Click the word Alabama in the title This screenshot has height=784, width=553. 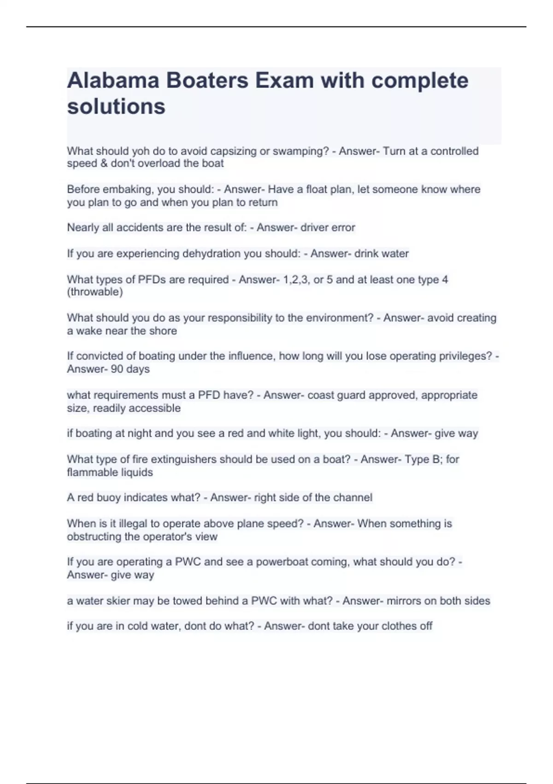coord(112,81)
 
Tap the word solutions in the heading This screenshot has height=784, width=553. coord(116,107)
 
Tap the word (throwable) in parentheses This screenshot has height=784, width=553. coord(95,292)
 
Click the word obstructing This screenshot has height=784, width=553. coord(94,537)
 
